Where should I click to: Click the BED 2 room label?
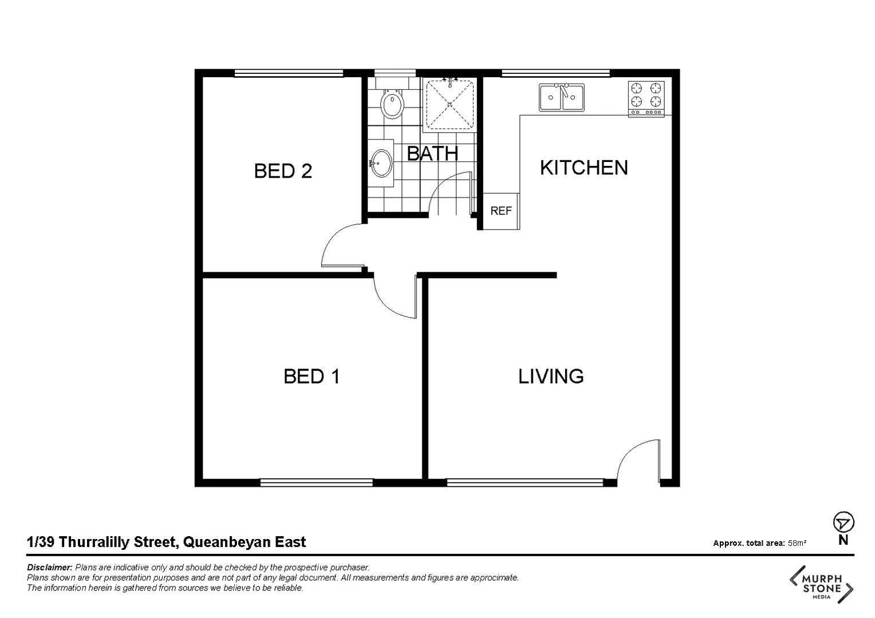pos(283,171)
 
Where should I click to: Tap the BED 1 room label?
pos(312,377)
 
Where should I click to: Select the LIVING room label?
pos(550,377)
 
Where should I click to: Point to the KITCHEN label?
pos(584,168)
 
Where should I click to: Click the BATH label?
pos(432,153)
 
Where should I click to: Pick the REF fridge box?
pos(501,211)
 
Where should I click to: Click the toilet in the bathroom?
pos(392,103)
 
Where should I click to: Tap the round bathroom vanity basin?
pos(381,163)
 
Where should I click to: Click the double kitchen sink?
pos(561,97)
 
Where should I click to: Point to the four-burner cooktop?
pos(646,98)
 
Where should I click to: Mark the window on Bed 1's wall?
pos(316,483)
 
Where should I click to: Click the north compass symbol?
pos(843,523)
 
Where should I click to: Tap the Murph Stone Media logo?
pos(822,584)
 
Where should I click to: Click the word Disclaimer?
pos(49,568)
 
